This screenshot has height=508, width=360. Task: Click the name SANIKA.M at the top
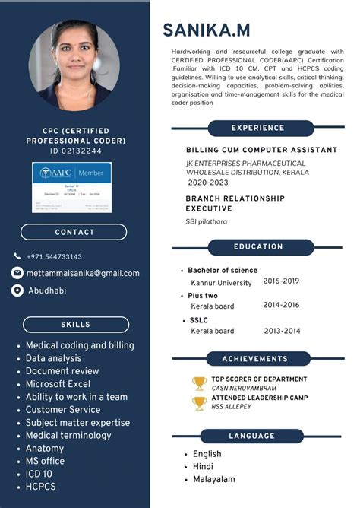206,30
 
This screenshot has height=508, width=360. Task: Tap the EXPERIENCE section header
258,128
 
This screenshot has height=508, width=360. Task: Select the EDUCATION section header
258,246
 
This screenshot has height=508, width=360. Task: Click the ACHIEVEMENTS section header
254,358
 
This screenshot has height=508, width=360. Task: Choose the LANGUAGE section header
251,436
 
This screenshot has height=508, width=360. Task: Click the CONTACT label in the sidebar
74,232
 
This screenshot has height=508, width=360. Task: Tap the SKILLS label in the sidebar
75,325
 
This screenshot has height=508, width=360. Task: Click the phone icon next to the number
17,256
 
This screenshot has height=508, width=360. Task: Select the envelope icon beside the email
17,273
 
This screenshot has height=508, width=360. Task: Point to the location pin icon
17,291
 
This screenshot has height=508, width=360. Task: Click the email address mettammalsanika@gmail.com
83,273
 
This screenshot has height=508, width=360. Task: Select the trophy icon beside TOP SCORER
199,383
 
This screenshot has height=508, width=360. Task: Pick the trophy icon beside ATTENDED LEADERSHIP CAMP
199,402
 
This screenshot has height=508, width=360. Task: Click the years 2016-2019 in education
281,281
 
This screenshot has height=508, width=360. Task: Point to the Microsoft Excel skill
58,383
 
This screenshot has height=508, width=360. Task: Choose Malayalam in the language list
213,479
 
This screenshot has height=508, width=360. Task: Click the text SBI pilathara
207,221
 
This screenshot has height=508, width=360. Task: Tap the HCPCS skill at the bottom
41,486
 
